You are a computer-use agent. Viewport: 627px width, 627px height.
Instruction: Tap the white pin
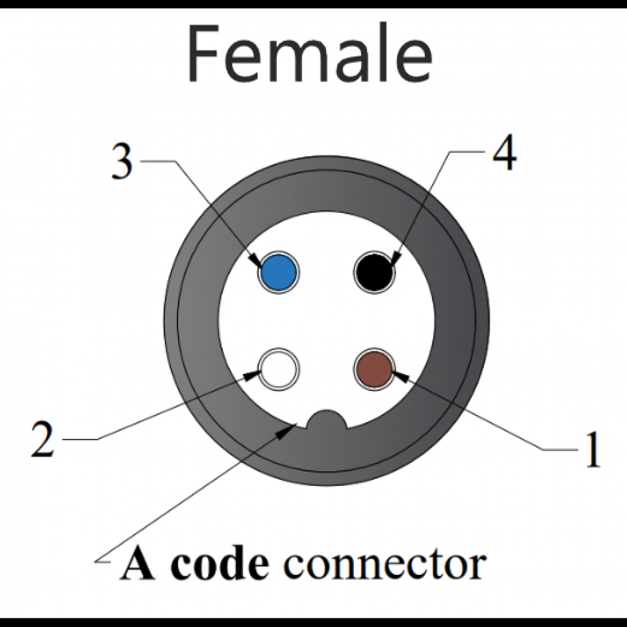coord(279,369)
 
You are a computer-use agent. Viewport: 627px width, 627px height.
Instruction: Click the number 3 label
coord(121,161)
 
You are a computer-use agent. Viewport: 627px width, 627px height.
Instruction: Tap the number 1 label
coord(592,451)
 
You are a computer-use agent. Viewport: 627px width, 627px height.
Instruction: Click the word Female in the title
coord(308,55)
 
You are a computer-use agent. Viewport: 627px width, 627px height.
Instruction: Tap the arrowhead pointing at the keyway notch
coord(287,431)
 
